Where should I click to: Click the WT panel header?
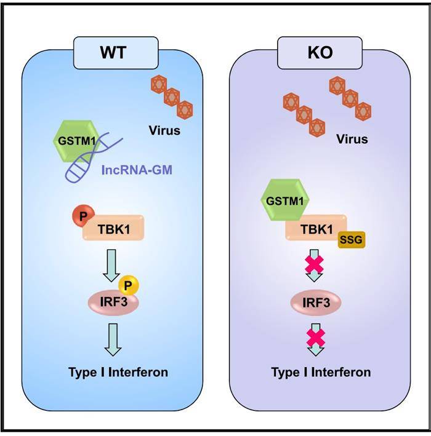112,52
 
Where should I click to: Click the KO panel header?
319,52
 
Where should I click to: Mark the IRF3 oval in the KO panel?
315,302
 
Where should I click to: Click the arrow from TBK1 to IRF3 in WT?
111,263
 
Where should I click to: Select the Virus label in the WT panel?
164,130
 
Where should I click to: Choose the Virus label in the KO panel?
352,139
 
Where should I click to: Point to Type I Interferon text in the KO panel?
321,373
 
